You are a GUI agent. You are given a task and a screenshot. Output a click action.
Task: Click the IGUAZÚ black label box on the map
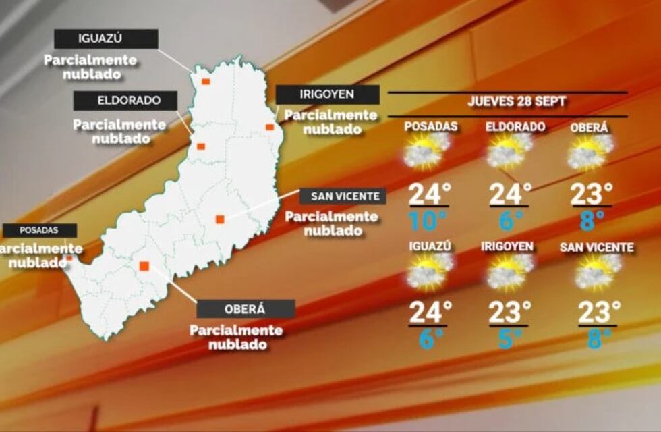(107, 38)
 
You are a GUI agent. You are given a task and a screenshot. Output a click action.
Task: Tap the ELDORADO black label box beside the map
(125, 101)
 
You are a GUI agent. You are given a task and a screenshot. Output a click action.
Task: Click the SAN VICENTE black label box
(343, 196)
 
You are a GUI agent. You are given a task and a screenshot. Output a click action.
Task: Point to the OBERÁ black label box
(246, 309)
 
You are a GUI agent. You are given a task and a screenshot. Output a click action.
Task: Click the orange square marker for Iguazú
(206, 81)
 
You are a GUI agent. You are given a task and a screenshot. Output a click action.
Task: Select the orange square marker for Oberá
(144, 266)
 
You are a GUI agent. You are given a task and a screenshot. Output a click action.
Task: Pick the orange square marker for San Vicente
(220, 219)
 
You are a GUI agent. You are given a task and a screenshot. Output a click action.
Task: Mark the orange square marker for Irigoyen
(270, 127)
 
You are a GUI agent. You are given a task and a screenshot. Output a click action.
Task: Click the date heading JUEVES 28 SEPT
(517, 102)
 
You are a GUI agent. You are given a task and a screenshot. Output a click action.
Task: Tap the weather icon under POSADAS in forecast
(428, 151)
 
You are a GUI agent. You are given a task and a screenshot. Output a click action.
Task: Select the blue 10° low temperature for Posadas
(428, 220)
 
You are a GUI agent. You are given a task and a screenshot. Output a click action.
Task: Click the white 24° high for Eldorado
(510, 194)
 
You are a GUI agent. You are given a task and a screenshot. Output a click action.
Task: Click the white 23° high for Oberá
(592, 194)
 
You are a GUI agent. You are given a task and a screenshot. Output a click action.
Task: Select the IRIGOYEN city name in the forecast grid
(508, 247)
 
